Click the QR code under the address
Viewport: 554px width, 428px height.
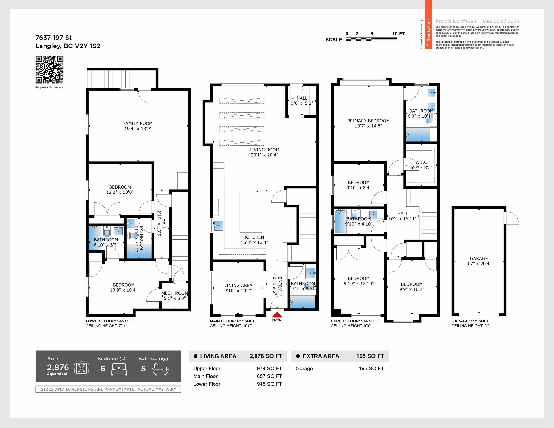tap(49, 70)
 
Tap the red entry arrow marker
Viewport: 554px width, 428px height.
tap(277, 315)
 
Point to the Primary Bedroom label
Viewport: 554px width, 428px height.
tap(368, 121)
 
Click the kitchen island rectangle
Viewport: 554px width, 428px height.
tap(251, 211)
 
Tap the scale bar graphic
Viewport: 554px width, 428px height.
tap(371, 39)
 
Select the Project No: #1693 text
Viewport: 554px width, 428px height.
tap(456, 21)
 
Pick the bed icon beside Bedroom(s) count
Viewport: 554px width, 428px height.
tap(119, 369)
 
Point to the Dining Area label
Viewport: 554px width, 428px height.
tap(238, 285)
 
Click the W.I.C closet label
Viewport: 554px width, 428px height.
tap(421, 162)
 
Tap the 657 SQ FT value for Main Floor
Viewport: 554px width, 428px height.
tap(269, 376)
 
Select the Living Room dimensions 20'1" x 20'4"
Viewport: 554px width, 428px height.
tap(264, 155)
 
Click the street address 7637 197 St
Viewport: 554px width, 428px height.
tap(54, 38)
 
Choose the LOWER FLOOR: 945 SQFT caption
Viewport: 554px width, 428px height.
tap(110, 321)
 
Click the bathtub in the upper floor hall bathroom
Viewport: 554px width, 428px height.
tap(340, 221)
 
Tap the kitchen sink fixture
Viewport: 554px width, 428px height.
tap(218, 226)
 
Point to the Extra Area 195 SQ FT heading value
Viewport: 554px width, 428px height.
tap(370, 356)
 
